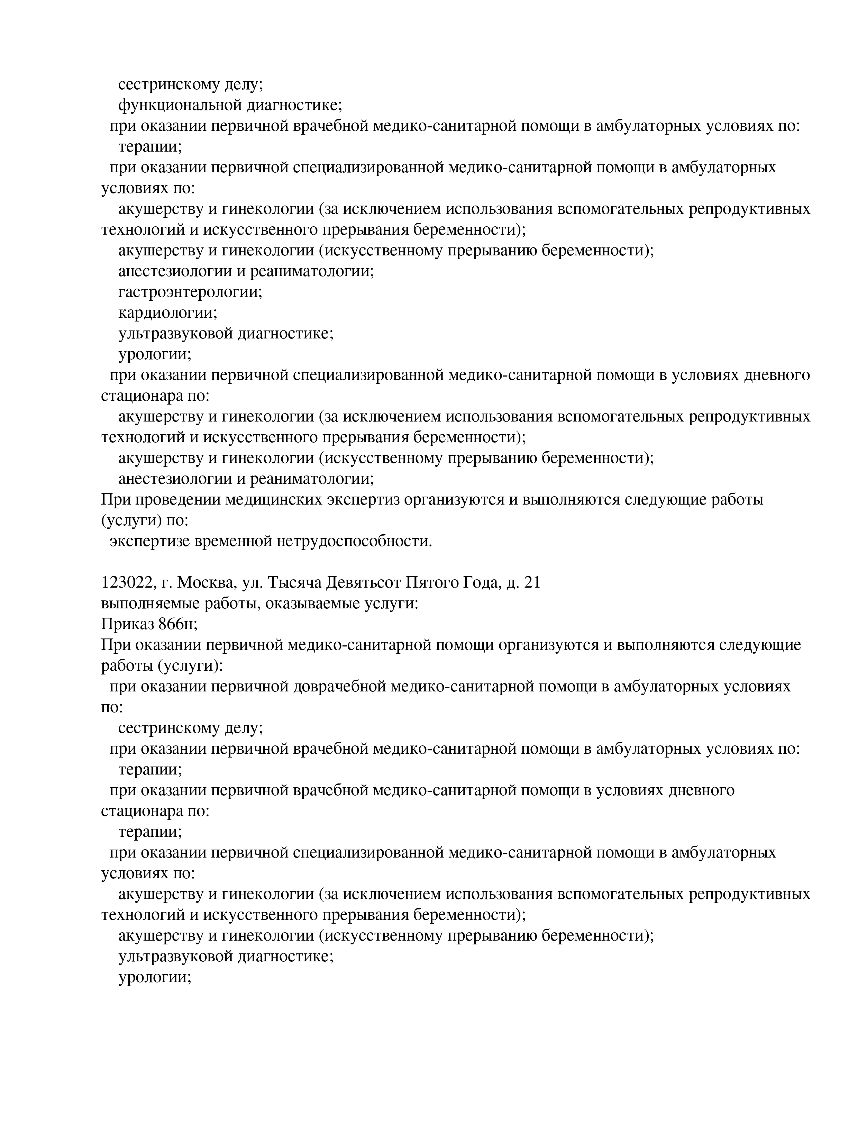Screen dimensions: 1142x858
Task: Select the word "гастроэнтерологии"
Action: tap(190, 292)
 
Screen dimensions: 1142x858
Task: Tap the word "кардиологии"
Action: tap(168, 313)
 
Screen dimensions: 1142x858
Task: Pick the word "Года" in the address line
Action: tap(481, 583)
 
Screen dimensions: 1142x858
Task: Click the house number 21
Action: tap(532, 583)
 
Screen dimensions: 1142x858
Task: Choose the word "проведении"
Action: tap(175, 500)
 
